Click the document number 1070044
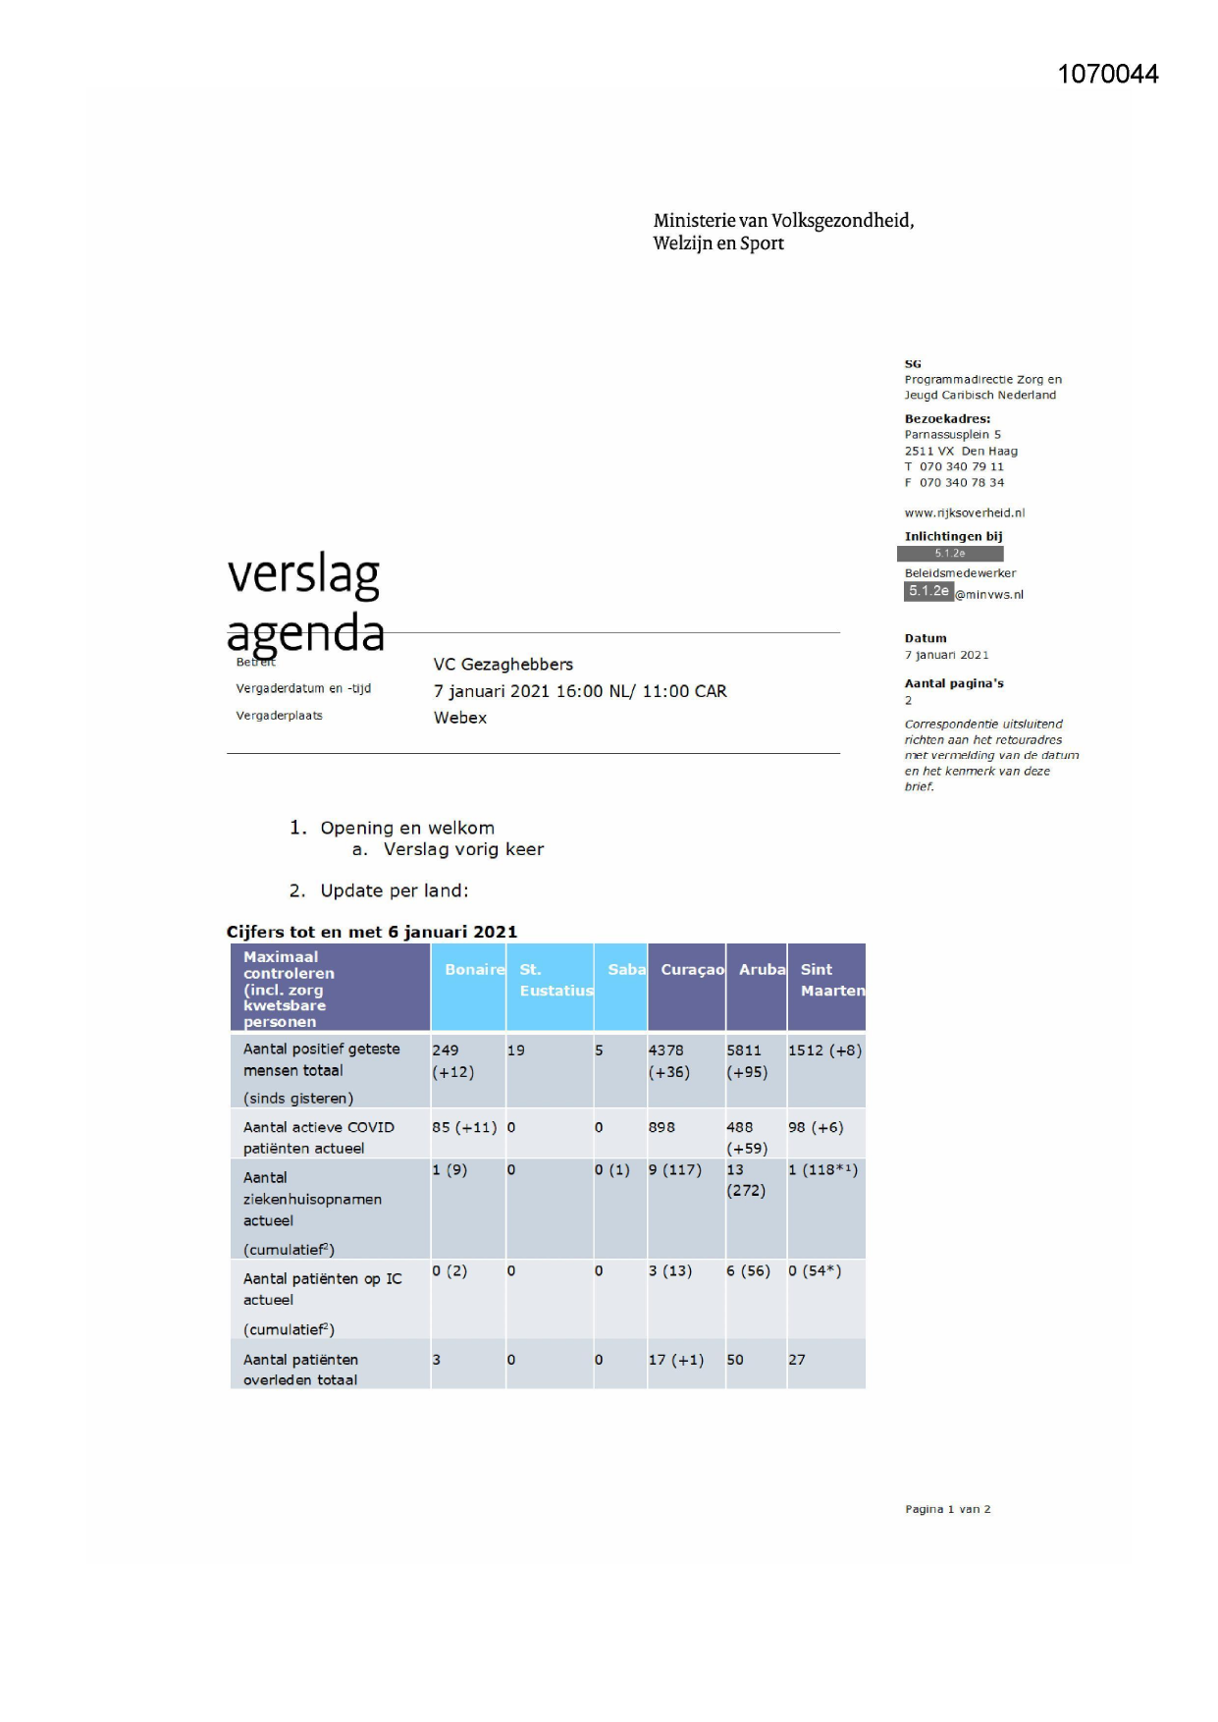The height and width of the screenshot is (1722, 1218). pyautogui.click(x=1107, y=75)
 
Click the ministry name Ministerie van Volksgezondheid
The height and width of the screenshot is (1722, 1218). pyautogui.click(x=783, y=221)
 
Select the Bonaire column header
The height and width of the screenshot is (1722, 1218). pyautogui.click(x=473, y=970)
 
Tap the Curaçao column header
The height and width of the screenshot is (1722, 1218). pyautogui.click(x=692, y=970)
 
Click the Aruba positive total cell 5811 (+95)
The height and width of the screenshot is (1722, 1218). pyautogui.click(x=747, y=1061)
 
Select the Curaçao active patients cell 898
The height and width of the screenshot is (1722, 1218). pyautogui.click(x=662, y=1127)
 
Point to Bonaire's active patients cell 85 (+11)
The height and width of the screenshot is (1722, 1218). pyautogui.click(x=464, y=1127)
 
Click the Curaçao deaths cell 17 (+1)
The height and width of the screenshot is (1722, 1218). pyautogui.click(x=675, y=1360)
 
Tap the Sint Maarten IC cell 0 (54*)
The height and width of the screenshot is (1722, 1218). pyautogui.click(x=814, y=1270)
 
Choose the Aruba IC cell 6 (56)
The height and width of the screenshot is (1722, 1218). pyautogui.click(x=748, y=1270)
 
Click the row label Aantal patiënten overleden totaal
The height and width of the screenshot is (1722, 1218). pyautogui.click(x=300, y=1370)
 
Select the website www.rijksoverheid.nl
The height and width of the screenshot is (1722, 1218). pyautogui.click(x=964, y=512)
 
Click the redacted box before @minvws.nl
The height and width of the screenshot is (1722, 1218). pyautogui.click(x=927, y=591)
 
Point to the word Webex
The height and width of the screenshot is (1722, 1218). pyautogui.click(x=459, y=718)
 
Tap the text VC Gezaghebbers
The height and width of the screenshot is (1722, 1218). pyautogui.click(x=503, y=665)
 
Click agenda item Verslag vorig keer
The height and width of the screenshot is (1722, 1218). pyautogui.click(x=462, y=849)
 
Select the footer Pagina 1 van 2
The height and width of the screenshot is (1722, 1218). pyautogui.click(x=947, y=1509)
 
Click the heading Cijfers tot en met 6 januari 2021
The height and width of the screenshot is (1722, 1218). pyautogui.click(x=371, y=932)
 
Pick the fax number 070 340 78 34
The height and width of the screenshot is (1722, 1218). pyautogui.click(x=961, y=482)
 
